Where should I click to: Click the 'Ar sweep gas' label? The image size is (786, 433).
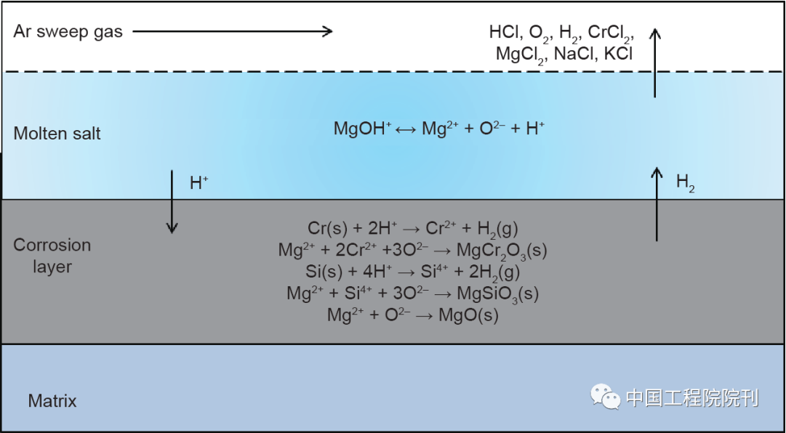click(68, 32)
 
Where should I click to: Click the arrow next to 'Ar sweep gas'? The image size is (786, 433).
click(233, 31)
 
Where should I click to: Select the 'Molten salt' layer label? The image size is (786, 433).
click(57, 134)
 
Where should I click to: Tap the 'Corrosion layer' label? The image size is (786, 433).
click(52, 255)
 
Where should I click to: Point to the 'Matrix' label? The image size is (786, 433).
click(52, 400)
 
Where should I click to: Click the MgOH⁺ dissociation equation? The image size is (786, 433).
click(439, 129)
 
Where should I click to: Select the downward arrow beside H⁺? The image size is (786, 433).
click(172, 202)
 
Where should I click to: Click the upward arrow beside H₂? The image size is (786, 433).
click(657, 204)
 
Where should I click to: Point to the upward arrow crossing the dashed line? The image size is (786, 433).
click(654, 62)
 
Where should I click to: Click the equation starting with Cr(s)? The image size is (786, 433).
click(412, 230)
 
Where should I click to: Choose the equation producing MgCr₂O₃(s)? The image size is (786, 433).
click(412, 251)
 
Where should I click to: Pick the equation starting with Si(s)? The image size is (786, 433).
click(412, 272)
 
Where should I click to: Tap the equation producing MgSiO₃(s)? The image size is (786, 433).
click(412, 294)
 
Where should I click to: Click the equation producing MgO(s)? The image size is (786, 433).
click(412, 315)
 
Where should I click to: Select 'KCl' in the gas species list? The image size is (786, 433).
click(618, 53)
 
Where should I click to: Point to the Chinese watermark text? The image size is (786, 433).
click(692, 398)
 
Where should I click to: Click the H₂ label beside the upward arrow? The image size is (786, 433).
click(685, 184)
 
